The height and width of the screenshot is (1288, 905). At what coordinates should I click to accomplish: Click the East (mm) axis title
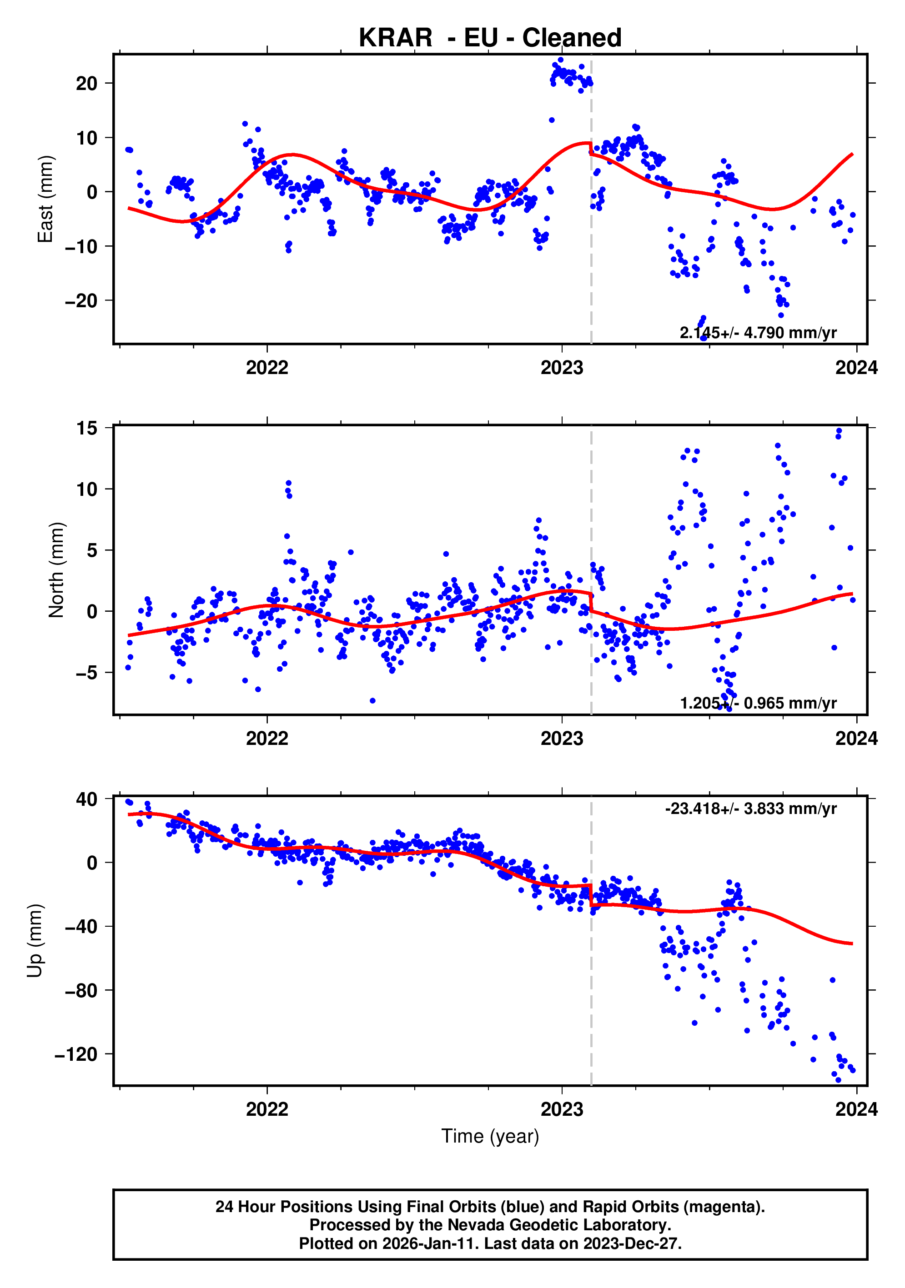(45, 199)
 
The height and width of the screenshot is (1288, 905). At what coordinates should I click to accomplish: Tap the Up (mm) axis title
(35, 940)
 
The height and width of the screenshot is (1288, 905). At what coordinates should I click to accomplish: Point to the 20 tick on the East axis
(86, 84)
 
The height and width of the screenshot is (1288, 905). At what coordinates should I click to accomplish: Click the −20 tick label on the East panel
(81, 301)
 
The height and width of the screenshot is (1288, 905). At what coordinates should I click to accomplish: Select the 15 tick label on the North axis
(86, 429)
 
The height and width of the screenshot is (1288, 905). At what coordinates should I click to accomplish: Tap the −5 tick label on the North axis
(86, 673)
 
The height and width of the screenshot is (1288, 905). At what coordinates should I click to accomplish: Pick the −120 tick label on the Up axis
(76, 1055)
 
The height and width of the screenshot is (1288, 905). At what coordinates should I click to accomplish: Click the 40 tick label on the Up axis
(86, 799)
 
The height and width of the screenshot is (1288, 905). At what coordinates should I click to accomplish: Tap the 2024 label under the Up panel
(856, 1109)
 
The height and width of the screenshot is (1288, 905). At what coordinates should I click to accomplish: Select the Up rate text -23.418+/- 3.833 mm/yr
(751, 809)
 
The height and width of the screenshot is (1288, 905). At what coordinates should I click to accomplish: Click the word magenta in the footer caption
(728, 1206)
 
